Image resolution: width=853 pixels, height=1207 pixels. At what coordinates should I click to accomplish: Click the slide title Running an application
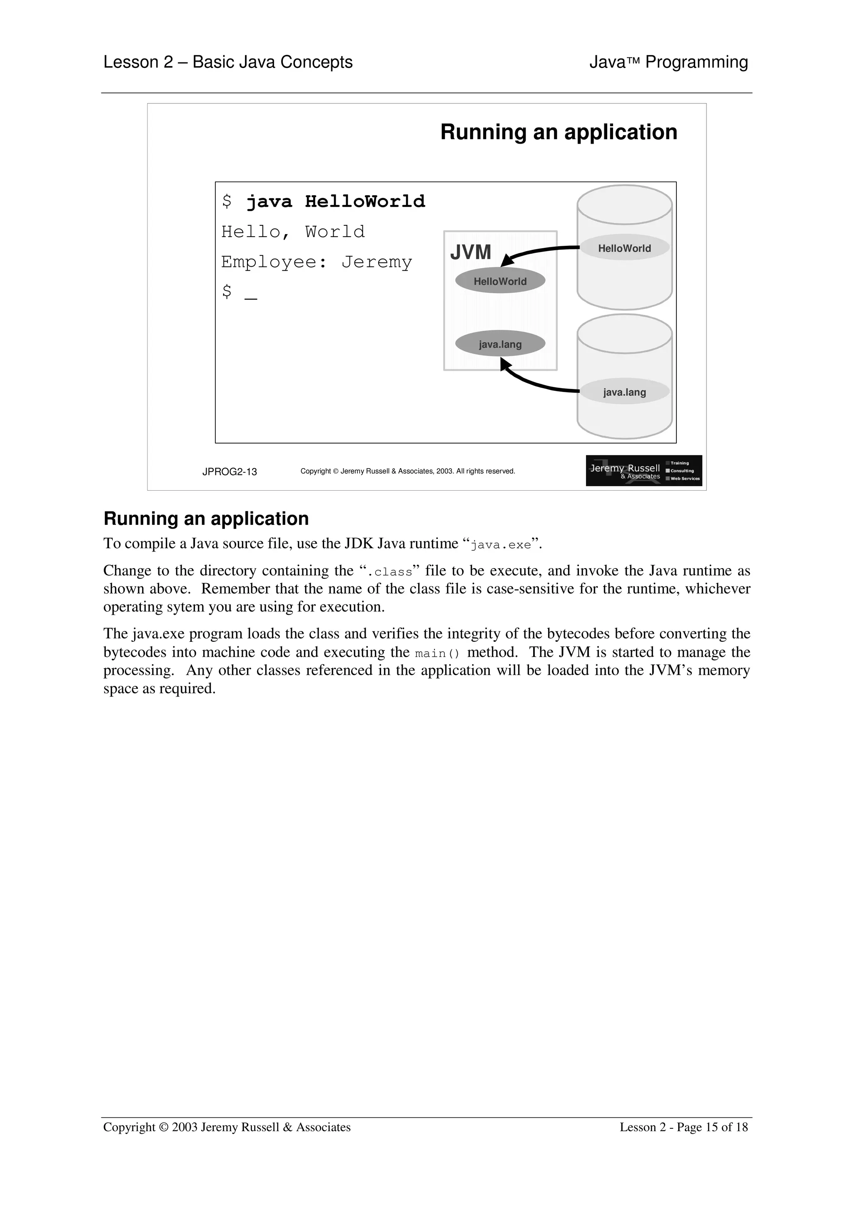pos(558,132)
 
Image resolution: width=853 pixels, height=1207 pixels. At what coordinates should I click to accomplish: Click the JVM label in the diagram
pos(470,252)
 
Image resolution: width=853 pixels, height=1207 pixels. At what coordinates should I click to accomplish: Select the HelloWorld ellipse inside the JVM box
pos(500,281)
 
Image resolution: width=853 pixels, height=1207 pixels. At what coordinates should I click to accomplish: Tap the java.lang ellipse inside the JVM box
pos(500,344)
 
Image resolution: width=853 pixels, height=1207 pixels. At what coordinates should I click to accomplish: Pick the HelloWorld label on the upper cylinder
pos(624,248)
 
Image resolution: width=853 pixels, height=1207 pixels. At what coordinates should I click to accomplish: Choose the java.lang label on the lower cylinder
pos(624,392)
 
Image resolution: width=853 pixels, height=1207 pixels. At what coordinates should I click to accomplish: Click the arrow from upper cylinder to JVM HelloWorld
pos(541,251)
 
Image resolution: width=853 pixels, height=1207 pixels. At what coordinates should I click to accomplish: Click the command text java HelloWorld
pos(335,201)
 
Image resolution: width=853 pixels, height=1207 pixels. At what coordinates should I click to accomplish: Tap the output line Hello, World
pos(293,232)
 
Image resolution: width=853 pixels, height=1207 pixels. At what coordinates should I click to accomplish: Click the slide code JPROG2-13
pos(229,471)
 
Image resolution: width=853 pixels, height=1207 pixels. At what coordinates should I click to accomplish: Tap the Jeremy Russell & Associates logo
pos(643,471)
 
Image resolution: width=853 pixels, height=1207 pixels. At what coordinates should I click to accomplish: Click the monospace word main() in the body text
pos(437,653)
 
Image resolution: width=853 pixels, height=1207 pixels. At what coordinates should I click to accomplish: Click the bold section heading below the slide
pos(206,519)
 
